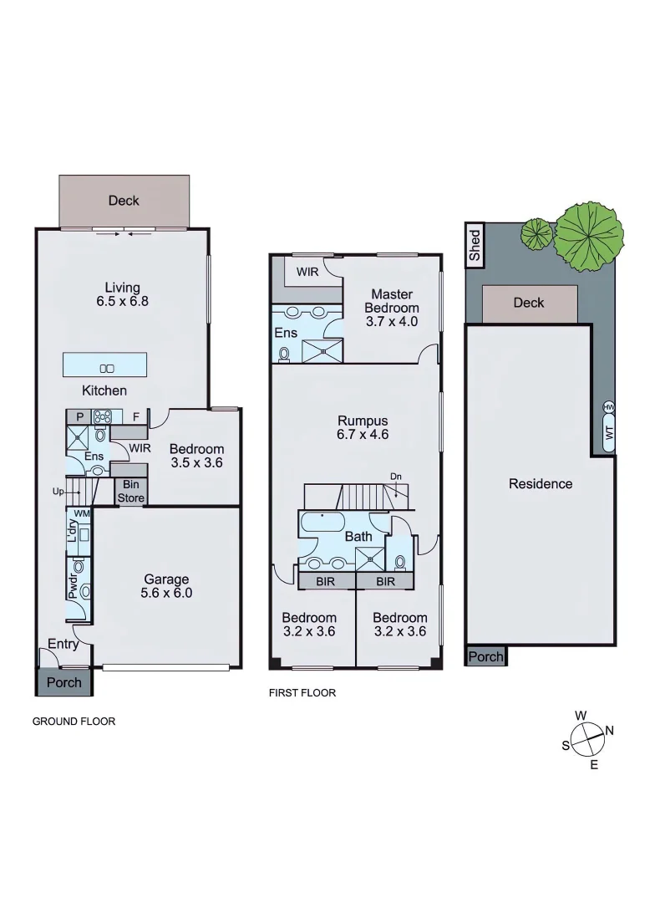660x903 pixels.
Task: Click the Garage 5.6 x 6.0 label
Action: point(166,586)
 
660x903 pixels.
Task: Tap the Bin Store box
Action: point(130,491)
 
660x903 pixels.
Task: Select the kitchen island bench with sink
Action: point(105,365)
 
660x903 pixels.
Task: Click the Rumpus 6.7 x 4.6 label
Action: point(362,427)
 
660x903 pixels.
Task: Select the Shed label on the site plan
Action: point(475,246)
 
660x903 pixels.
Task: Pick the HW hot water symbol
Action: point(608,407)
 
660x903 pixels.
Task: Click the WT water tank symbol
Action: point(608,435)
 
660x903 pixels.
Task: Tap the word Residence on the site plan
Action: point(541,483)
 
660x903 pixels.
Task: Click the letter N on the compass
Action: point(610,730)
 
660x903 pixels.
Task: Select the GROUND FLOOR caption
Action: point(74,721)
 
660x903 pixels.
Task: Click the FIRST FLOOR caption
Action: point(302,692)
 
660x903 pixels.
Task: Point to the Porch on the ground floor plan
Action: point(63,682)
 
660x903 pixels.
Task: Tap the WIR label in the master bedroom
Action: point(307,272)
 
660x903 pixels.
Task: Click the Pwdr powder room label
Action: point(74,584)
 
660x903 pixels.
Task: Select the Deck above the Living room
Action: point(124,201)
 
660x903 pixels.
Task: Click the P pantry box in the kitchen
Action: point(79,416)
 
